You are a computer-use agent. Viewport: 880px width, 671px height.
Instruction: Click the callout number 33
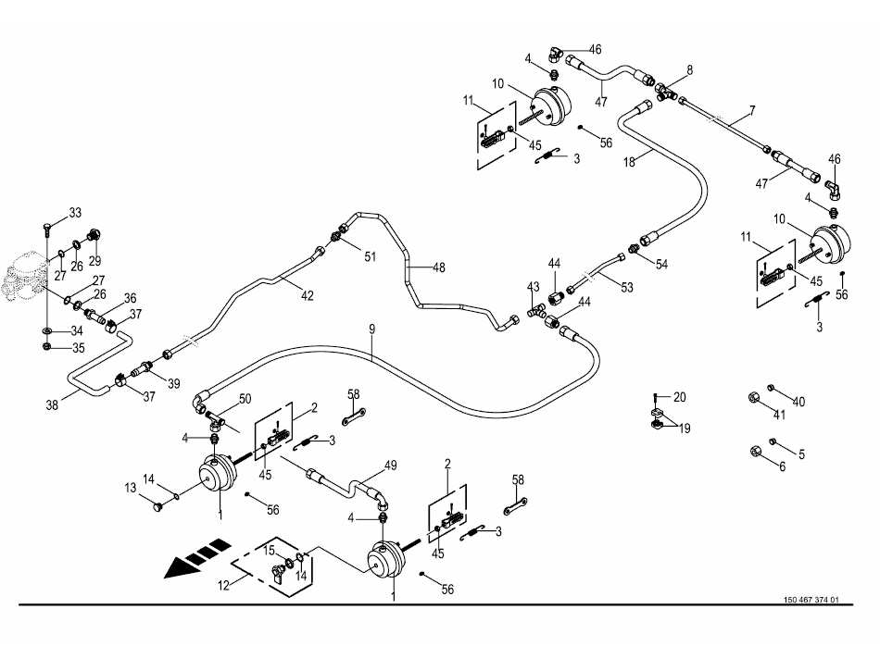pos(75,213)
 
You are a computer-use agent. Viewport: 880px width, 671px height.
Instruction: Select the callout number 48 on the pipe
pos(438,268)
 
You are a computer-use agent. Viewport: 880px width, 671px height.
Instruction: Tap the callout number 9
pos(371,329)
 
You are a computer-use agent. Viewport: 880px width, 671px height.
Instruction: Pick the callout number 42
pos(307,296)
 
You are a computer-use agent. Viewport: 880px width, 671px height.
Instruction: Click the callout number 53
pos(627,287)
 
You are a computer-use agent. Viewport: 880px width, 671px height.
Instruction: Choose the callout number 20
pos(680,397)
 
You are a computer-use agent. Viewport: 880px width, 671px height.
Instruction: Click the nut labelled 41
pos(754,399)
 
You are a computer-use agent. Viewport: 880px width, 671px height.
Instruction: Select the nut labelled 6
pos(754,451)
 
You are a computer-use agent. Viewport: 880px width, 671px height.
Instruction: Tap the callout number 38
pos(52,404)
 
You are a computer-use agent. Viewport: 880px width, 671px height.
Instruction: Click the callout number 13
pos(131,487)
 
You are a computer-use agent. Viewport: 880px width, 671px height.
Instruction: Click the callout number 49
pos(390,466)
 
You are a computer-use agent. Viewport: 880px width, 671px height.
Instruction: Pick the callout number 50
pos(245,398)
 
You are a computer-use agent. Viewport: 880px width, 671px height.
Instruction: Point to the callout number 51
pos(370,256)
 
